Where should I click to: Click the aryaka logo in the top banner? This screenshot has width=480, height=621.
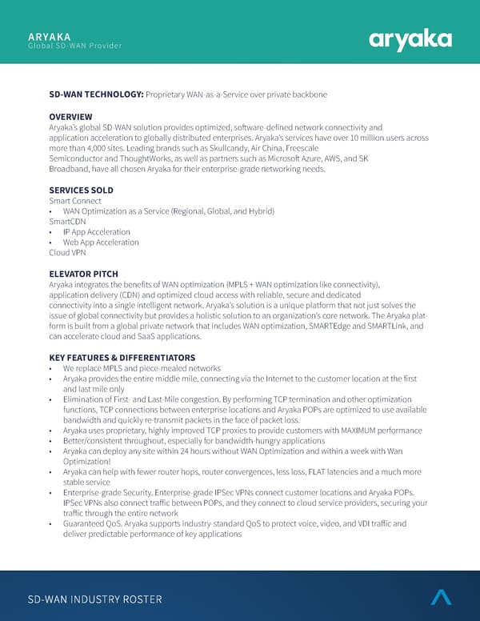[410, 39]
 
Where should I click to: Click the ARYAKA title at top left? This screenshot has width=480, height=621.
[49, 36]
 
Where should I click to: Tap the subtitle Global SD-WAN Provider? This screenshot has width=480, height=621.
[74, 46]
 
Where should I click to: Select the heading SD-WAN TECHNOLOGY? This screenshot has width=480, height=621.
[96, 95]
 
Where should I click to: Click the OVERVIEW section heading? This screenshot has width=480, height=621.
[70, 117]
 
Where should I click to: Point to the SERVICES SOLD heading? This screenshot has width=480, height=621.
[81, 190]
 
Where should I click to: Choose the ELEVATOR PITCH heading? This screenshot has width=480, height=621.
[83, 274]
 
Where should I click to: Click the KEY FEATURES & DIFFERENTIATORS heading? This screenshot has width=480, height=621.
[122, 357]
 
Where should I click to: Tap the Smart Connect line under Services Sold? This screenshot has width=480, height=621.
[74, 201]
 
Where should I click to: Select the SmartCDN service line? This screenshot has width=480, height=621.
[67, 222]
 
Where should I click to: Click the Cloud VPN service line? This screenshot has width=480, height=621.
[67, 253]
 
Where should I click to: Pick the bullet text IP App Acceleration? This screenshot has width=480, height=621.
[96, 232]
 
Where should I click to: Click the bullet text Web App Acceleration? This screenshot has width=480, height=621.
[101, 242]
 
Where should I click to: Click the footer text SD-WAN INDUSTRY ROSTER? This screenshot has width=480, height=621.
[94, 599]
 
